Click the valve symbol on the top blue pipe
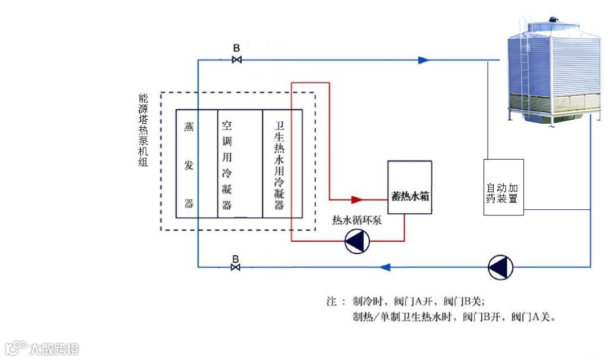pyautogui.click(x=237, y=60)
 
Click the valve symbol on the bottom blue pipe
pyautogui.click(x=236, y=267)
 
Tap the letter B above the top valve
pyautogui.click(x=237, y=48)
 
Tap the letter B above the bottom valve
pyautogui.click(x=236, y=258)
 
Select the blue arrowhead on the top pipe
pyautogui.click(x=424, y=60)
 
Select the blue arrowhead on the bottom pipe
pyautogui.click(x=385, y=267)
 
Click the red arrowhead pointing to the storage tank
pyautogui.click(x=356, y=199)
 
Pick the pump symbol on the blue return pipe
pyautogui.click(x=500, y=267)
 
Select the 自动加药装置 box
pyautogui.click(x=503, y=187)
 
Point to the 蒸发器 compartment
pyautogui.click(x=189, y=164)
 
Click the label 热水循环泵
pyautogui.click(x=357, y=220)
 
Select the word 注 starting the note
pyautogui.click(x=331, y=301)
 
